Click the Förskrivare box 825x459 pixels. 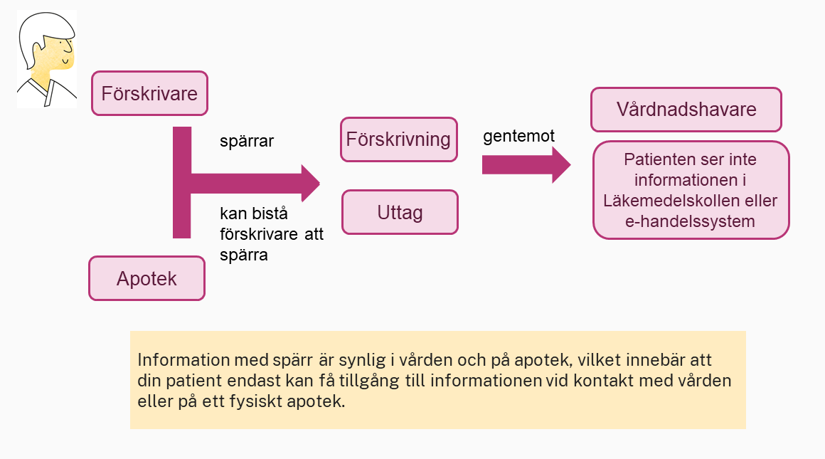[x=149, y=93]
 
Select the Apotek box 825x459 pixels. [x=147, y=278]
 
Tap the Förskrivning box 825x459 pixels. [x=399, y=139]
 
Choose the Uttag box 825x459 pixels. [x=400, y=212]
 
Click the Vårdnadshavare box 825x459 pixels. [x=686, y=110]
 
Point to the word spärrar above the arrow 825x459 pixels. [x=247, y=141]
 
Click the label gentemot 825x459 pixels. [x=518, y=137]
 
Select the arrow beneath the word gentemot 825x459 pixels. [x=526, y=165]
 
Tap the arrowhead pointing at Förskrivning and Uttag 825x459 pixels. [x=311, y=183]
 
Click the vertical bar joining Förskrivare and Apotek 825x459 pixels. [x=182, y=182]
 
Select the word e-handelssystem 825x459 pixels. [x=690, y=221]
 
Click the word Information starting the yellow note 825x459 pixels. [x=183, y=360]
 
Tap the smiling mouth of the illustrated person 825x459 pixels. [x=65, y=62]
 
